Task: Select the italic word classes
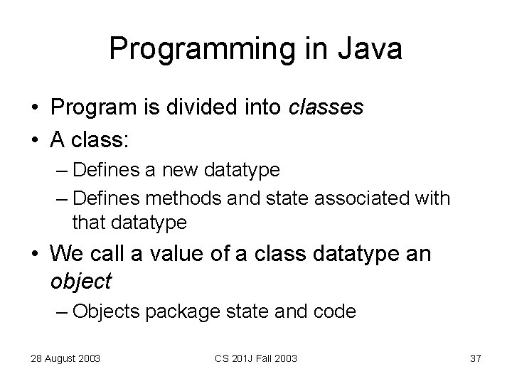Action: click(326, 107)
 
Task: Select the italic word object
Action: click(81, 281)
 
